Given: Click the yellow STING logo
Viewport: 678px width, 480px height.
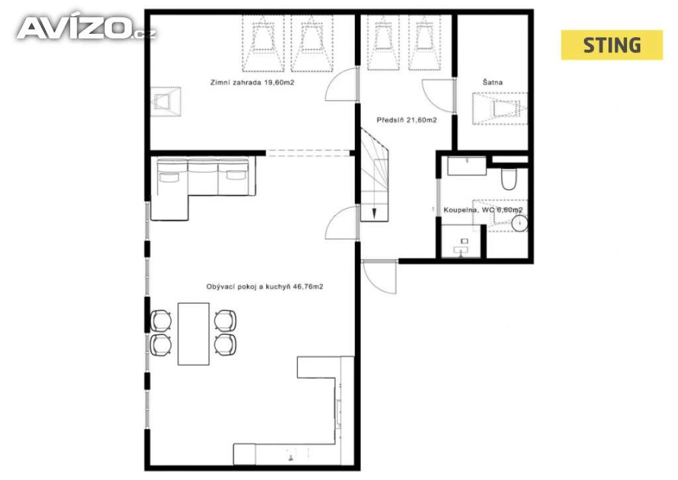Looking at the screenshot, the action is click(611, 45).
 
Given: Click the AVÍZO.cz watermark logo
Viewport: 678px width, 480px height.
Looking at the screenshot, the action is click(87, 28).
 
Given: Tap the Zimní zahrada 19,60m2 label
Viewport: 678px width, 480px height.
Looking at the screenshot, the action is click(252, 82).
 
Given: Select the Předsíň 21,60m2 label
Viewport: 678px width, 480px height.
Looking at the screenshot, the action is click(407, 120).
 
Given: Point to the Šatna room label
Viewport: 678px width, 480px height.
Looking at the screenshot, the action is click(493, 82).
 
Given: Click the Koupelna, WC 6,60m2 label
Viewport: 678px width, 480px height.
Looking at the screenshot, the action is click(483, 210).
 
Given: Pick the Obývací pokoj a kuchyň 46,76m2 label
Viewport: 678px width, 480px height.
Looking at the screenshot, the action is click(265, 286).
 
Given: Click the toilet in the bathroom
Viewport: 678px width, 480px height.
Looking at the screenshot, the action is click(509, 179).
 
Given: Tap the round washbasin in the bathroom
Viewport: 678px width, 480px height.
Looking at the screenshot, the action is click(519, 223).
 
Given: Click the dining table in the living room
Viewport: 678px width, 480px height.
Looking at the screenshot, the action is click(194, 333).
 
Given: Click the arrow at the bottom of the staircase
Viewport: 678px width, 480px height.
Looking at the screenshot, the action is click(374, 213).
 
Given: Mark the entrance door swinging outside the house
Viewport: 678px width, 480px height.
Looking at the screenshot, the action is click(380, 277).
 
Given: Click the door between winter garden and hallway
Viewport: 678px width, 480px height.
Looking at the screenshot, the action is click(342, 84).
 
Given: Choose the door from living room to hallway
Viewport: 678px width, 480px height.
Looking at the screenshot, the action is click(342, 223).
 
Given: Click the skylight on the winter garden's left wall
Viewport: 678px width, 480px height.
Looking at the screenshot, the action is click(166, 102).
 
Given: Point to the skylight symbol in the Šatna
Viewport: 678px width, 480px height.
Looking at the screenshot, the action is click(500, 109).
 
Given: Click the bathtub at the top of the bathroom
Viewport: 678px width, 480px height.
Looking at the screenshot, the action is click(467, 166).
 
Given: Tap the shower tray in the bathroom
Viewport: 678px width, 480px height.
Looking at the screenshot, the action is click(461, 241).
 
